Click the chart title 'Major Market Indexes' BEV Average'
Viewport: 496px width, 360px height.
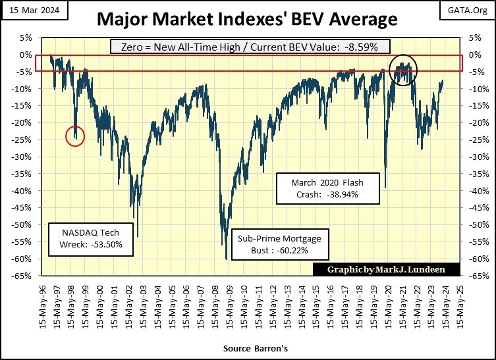click(247, 19)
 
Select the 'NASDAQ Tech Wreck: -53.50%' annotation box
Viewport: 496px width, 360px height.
click(86, 239)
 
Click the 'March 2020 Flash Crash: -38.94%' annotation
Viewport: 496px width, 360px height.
click(327, 188)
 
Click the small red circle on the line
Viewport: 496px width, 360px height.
click(75, 136)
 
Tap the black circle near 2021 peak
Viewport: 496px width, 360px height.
click(402, 69)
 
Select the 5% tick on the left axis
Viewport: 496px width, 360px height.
click(29, 38)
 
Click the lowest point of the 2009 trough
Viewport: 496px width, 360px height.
click(227, 259)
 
